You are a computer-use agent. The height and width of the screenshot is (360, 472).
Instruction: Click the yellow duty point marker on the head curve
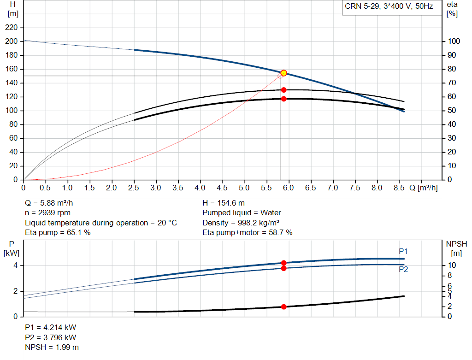[x=283, y=73]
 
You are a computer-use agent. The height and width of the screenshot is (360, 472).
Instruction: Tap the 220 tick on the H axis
[x=12, y=28]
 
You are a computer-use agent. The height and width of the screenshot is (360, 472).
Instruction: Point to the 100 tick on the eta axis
[x=454, y=41]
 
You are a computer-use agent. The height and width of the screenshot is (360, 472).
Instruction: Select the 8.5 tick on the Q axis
[x=399, y=188]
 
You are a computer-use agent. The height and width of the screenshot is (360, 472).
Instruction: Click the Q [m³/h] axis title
[x=423, y=188]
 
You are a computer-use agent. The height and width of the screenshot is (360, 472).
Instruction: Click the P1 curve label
[x=403, y=251]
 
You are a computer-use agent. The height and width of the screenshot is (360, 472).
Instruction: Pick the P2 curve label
[x=403, y=269]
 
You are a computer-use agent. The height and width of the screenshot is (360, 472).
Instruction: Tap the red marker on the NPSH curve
[x=283, y=307]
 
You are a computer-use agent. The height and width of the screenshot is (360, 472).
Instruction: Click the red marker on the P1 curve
[x=283, y=263]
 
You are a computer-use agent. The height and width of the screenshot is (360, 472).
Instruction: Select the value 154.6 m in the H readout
[x=231, y=203]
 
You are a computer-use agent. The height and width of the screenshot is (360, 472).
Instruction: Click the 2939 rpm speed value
[x=54, y=213]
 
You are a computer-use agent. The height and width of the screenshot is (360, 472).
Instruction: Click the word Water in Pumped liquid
[x=271, y=213]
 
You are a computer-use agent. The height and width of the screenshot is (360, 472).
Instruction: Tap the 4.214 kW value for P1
[x=60, y=327]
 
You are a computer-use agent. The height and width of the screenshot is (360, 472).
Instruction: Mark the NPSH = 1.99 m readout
[x=52, y=348]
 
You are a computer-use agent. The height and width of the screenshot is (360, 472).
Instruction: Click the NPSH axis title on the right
[x=456, y=248]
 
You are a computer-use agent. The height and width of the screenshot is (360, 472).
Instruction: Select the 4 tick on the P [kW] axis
[x=15, y=266]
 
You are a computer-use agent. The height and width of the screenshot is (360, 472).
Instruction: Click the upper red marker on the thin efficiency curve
[x=283, y=90]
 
